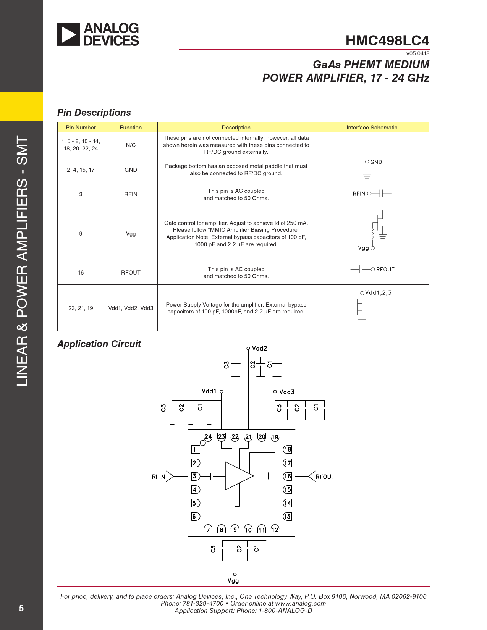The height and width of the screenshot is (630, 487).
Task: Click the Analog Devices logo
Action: pos(98,34)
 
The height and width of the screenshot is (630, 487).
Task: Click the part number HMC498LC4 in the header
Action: pos(387,40)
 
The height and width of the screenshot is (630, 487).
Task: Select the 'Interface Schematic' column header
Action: pos(372,128)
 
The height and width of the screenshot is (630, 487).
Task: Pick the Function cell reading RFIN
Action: pos(131,194)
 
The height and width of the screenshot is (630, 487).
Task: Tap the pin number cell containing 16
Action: pos(81,273)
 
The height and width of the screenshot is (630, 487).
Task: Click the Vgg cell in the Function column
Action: pos(131,234)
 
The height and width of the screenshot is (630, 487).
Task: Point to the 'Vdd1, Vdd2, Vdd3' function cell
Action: pos(131,308)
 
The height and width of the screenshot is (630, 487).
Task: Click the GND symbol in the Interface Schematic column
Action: pos(368,169)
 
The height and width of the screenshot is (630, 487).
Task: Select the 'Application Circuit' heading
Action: pos(99,344)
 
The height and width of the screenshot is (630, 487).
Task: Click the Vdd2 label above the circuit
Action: pos(259,348)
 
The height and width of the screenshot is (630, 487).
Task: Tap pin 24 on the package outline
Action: pos(208,436)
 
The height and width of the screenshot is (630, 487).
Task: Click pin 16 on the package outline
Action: pos(287,476)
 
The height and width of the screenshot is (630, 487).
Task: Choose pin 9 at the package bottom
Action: pos(235,529)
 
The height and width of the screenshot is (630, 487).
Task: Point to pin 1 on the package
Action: pos(195,450)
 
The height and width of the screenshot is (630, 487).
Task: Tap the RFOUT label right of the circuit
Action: pos(325,477)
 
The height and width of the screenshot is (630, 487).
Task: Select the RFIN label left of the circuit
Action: pos(159,477)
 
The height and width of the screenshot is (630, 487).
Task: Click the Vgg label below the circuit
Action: pos(233,581)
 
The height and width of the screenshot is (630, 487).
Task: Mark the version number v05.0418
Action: pos(417,53)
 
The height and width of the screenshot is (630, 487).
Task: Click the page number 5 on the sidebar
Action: pos(21,608)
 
